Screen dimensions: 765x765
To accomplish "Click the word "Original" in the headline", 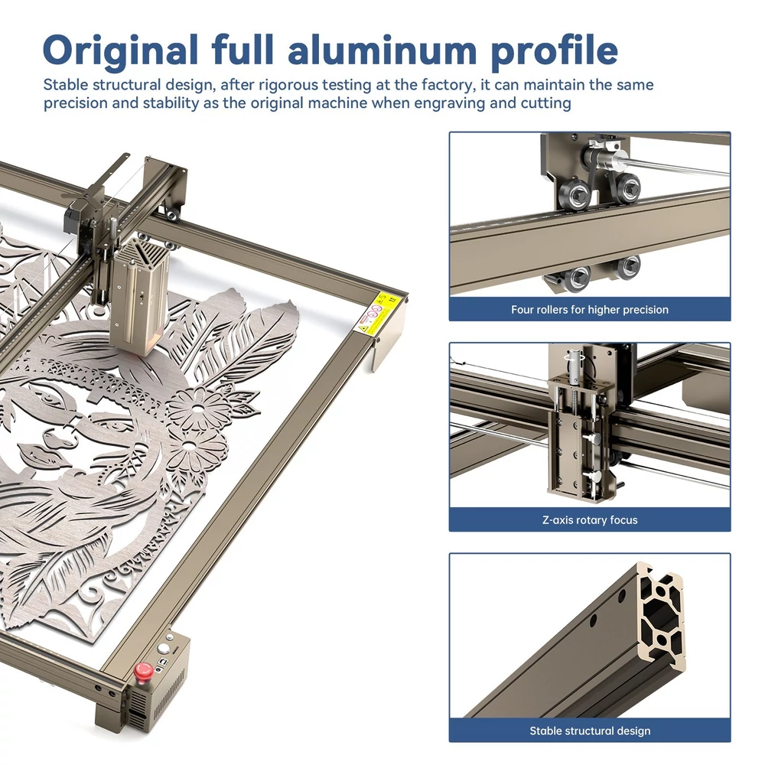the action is coord(121,50).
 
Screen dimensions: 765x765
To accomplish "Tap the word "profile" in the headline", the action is coord(554,50).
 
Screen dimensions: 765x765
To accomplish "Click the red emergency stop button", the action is coord(144,670).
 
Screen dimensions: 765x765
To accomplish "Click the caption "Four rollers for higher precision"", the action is coord(589,309).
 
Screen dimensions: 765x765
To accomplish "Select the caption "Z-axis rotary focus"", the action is coord(589,519).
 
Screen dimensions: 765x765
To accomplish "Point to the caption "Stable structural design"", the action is coord(589,731).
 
